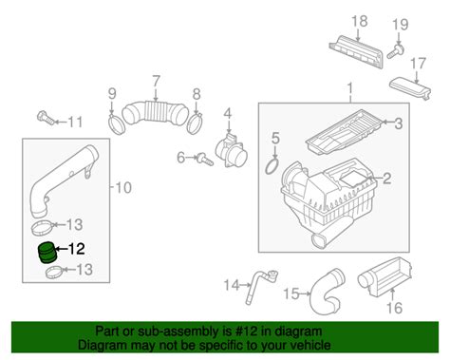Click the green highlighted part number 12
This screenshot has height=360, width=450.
[x=47, y=253]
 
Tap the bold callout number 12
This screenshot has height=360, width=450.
[x=77, y=249]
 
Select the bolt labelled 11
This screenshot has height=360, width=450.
[x=46, y=118]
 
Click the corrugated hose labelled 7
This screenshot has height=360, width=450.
[x=155, y=113]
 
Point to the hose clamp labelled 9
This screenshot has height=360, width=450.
[x=117, y=125]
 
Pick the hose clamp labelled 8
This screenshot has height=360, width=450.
[x=195, y=124]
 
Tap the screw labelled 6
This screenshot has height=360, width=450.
[x=205, y=159]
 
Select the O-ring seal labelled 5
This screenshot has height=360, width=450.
[x=272, y=166]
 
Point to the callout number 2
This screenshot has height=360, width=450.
[x=386, y=179]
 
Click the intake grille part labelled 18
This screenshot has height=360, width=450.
[x=356, y=52]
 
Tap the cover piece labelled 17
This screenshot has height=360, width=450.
[x=409, y=86]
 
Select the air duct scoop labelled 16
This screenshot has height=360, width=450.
[x=385, y=277]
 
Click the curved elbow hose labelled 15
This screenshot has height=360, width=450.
[x=326, y=293]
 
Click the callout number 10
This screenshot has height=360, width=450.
[x=123, y=188]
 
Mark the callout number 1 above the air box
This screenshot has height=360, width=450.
[x=349, y=89]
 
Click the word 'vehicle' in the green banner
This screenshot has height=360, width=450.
[x=309, y=345]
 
